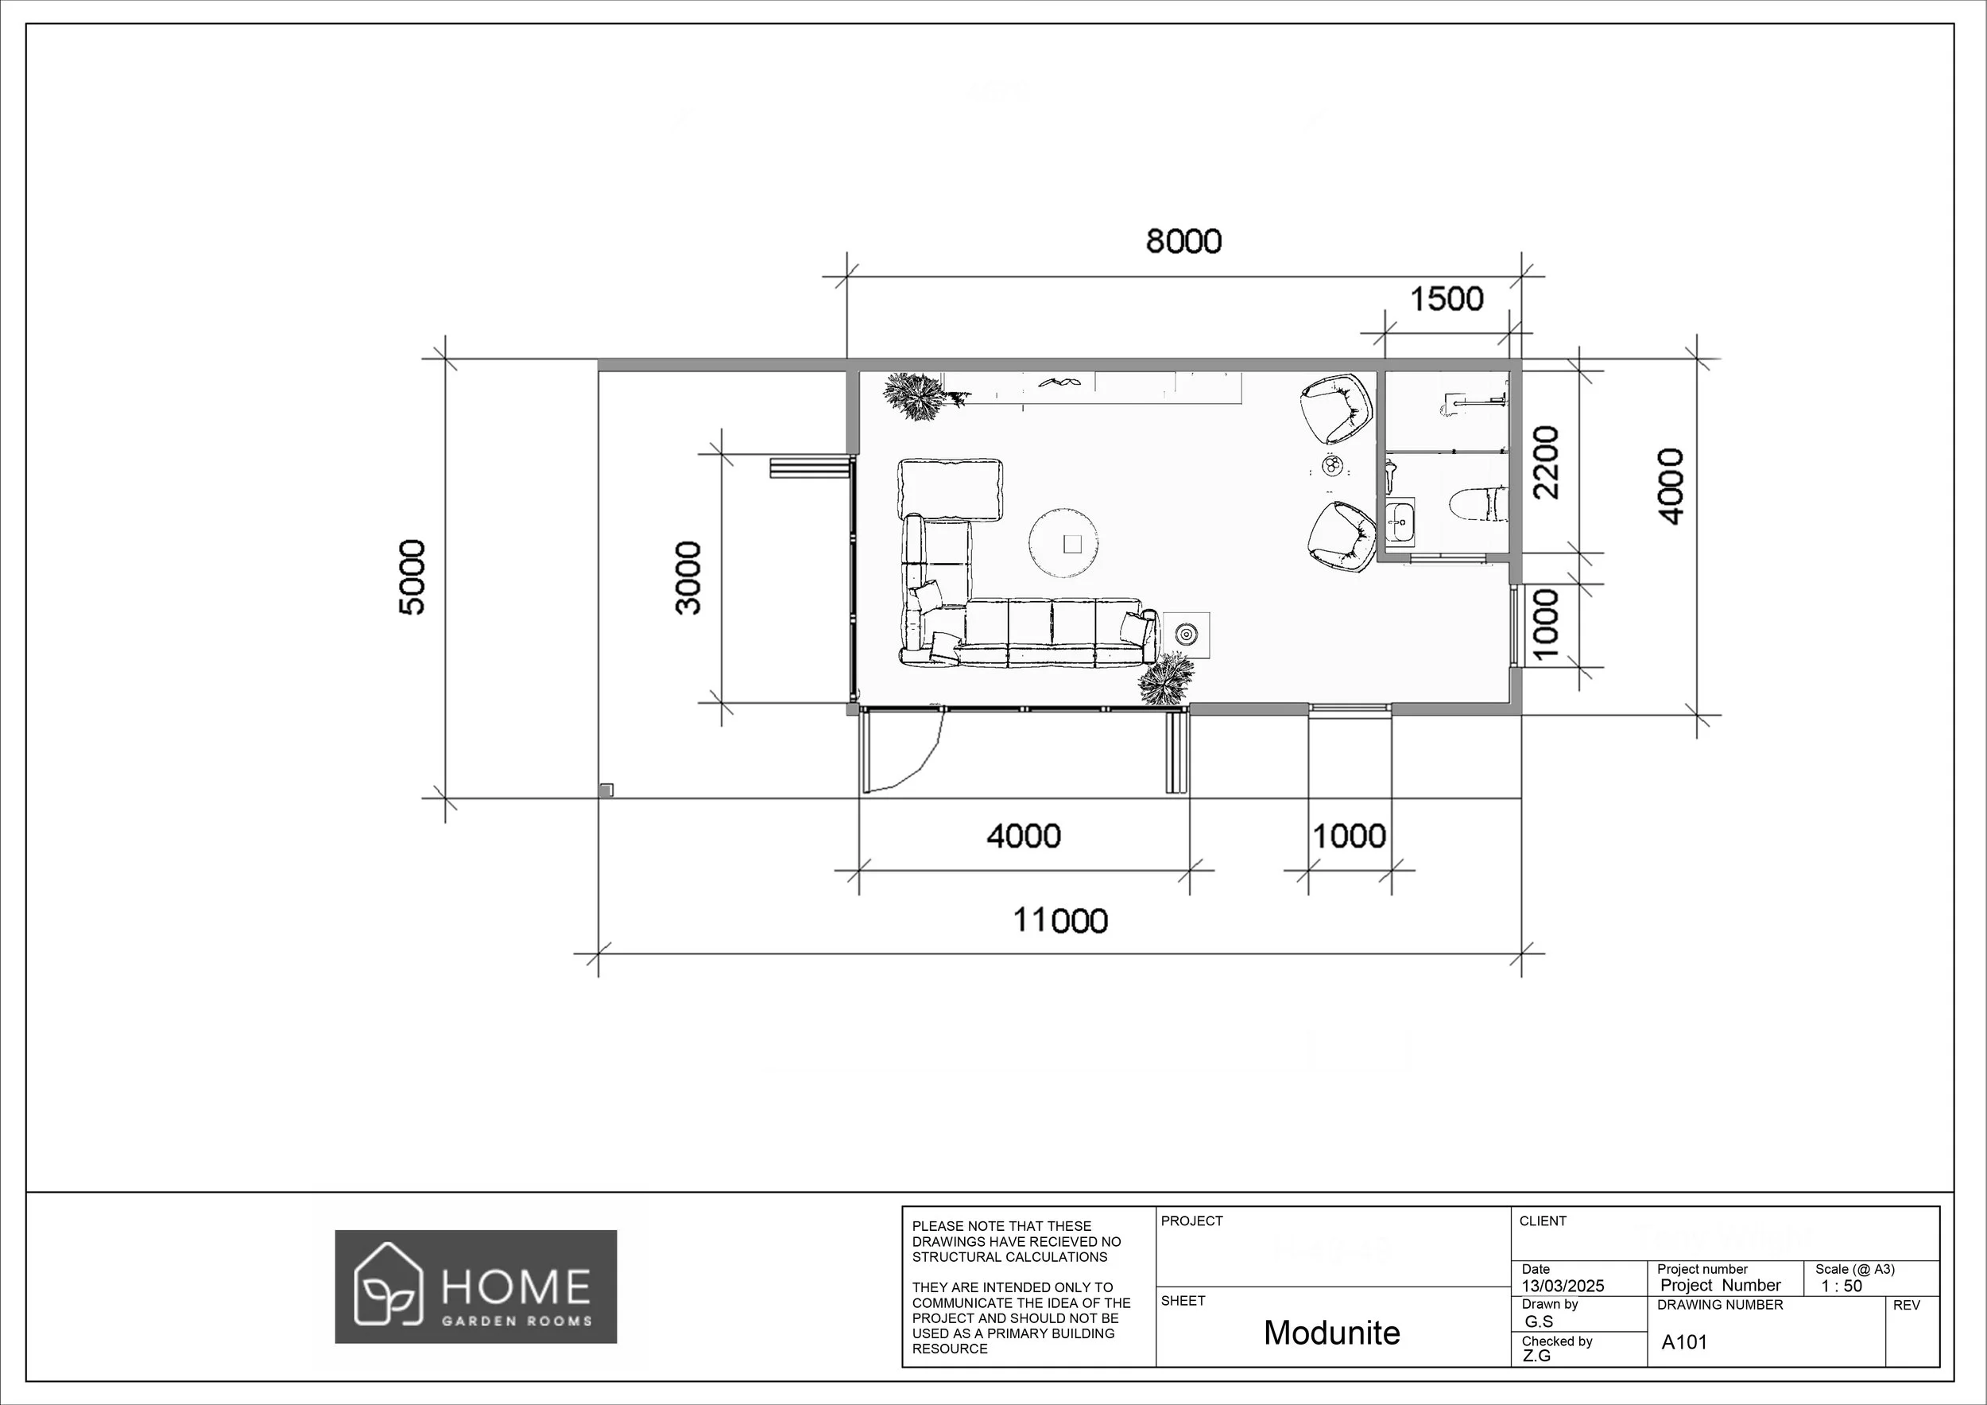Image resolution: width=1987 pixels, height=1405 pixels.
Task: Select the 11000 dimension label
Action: tap(1060, 920)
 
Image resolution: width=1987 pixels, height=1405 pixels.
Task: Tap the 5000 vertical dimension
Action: tap(413, 576)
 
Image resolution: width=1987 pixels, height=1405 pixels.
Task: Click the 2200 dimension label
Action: tap(1545, 461)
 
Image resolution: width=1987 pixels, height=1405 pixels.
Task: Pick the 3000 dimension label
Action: tap(689, 576)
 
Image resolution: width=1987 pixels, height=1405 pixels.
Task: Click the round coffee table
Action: tap(1064, 543)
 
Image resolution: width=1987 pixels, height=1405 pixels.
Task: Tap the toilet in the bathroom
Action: tap(1478, 504)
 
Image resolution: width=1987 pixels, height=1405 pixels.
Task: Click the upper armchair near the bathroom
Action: tap(1336, 408)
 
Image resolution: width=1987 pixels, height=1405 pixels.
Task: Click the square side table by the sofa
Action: tap(1185, 635)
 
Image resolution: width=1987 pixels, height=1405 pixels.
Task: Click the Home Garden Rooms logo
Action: tap(476, 1287)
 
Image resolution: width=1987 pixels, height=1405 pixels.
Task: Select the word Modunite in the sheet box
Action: tap(1331, 1333)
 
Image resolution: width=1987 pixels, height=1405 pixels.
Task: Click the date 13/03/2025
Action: tap(1563, 1286)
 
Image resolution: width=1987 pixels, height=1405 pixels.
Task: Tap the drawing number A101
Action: tap(1684, 1343)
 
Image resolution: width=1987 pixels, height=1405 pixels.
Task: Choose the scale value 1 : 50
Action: tap(1841, 1286)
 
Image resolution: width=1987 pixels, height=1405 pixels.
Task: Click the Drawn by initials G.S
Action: tap(1538, 1322)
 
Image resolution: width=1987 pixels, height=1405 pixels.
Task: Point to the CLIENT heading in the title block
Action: tap(1542, 1221)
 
